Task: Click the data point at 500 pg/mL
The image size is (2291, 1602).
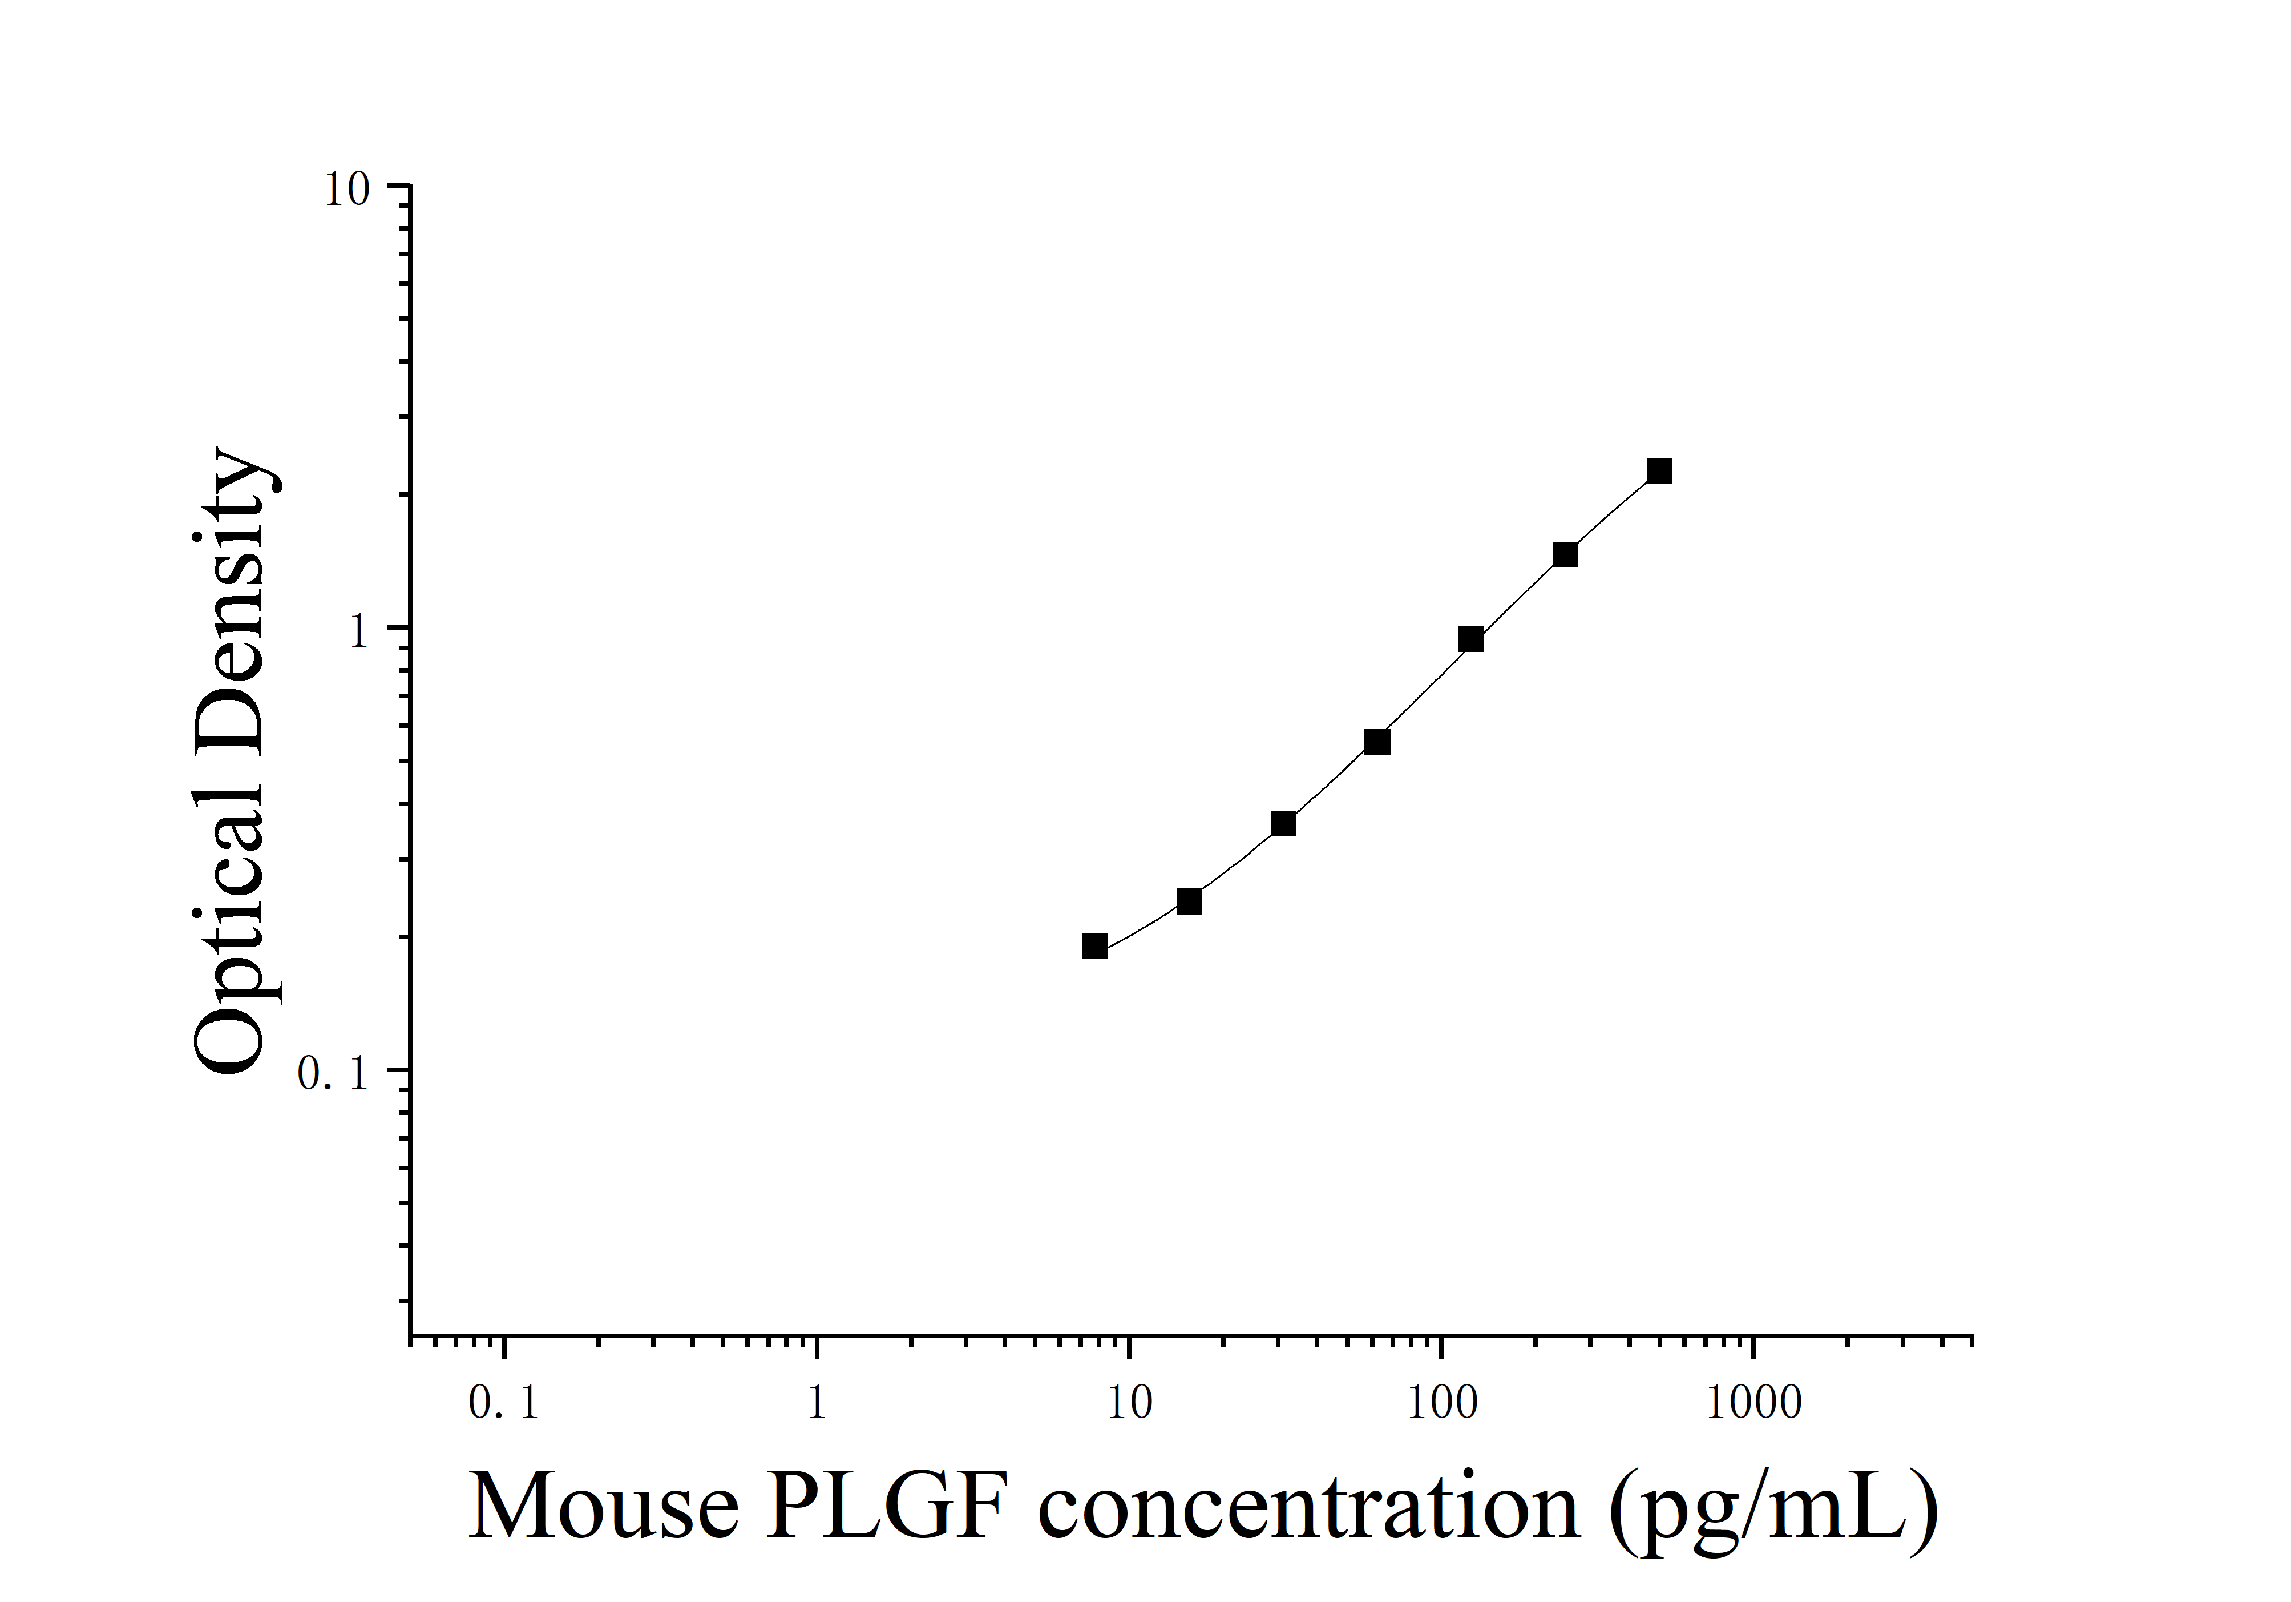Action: pyautogui.click(x=1659, y=471)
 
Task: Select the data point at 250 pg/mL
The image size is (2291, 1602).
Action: pyautogui.click(x=1566, y=555)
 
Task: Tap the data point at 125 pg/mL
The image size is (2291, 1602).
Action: pyautogui.click(x=1471, y=640)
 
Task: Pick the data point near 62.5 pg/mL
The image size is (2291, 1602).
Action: pyautogui.click(x=1377, y=742)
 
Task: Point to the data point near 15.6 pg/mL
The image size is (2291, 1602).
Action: pyautogui.click(x=1189, y=901)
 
